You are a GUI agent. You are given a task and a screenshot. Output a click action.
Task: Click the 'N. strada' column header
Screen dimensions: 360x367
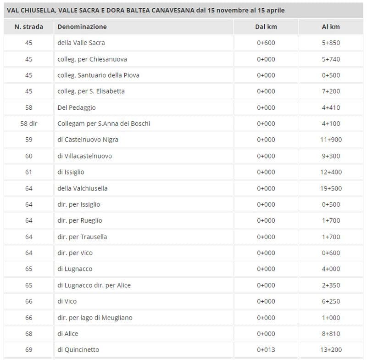tap(29, 27)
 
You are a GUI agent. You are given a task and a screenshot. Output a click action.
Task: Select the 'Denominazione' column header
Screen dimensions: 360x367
tap(82, 27)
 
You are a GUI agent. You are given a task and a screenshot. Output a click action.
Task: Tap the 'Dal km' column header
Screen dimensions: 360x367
tap(266, 27)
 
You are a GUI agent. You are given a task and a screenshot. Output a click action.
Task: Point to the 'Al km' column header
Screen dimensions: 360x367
tap(331, 27)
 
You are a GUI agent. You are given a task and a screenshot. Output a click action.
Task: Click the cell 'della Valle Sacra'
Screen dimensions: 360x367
tap(81, 43)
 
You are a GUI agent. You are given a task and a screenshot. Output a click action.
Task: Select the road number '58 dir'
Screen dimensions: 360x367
tap(29, 124)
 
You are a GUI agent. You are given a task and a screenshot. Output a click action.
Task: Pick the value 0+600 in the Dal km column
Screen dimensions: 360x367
tap(266, 43)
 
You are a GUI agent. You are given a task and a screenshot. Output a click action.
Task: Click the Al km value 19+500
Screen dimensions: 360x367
tap(331, 188)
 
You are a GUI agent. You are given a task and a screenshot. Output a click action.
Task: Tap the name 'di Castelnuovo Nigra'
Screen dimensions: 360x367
tap(88, 140)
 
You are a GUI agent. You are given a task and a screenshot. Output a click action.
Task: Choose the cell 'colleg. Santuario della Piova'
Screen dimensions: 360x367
tap(98, 75)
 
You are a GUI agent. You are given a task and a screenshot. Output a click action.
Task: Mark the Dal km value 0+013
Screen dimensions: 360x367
tap(266, 350)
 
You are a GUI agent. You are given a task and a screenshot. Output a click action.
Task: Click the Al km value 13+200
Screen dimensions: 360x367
tap(331, 350)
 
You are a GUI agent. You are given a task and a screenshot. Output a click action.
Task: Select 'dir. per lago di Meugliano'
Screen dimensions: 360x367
tap(95, 317)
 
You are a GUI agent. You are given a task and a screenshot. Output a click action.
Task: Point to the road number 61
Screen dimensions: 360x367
tap(29, 172)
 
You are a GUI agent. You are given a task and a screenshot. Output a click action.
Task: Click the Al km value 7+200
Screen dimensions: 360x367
tap(331, 91)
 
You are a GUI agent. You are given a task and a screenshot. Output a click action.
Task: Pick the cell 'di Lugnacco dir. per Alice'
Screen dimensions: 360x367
tap(94, 285)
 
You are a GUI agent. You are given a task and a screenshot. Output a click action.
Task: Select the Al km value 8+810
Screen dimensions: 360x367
tap(331, 334)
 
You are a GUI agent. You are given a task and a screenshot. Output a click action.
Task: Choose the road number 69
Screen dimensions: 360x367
tap(29, 350)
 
